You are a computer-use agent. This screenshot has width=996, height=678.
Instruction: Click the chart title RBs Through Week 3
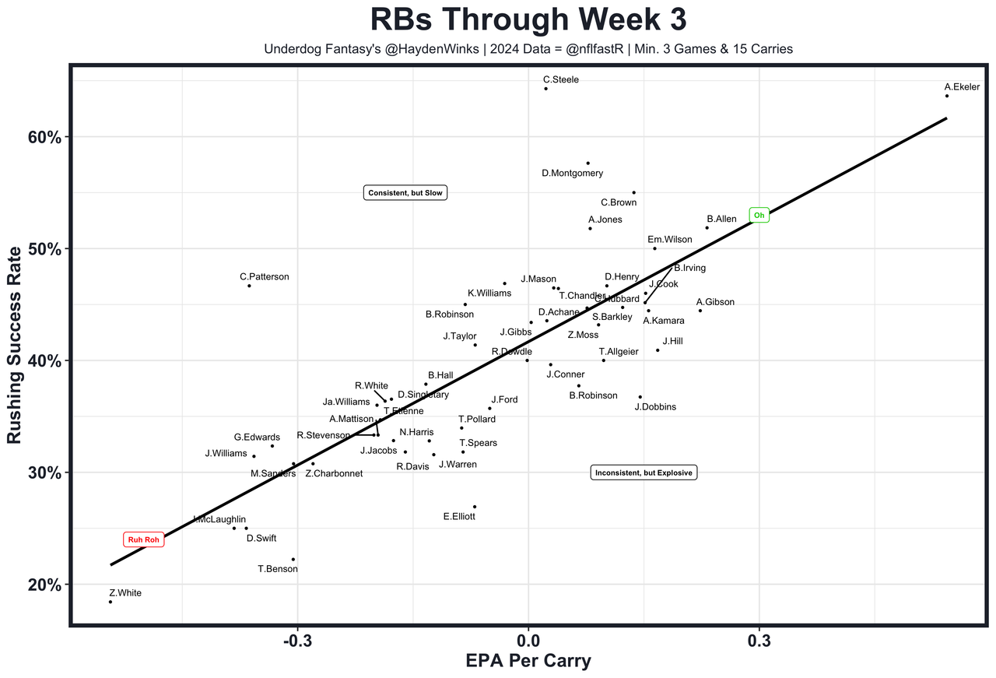(x=528, y=19)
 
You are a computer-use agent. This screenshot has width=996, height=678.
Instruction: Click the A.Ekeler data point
(x=946, y=96)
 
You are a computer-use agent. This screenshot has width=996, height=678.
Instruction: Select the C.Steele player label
(x=560, y=79)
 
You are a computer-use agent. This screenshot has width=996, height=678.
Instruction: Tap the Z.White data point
(x=110, y=602)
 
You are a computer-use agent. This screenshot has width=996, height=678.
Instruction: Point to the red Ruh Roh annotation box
(x=144, y=540)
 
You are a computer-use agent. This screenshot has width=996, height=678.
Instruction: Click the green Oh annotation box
(x=759, y=215)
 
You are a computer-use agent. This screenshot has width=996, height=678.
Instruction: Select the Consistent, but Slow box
(x=405, y=193)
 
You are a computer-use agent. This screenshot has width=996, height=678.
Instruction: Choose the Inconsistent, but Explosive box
(x=643, y=472)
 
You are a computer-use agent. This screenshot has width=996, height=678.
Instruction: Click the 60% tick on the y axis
(x=44, y=138)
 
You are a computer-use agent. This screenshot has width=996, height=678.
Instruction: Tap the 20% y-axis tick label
(x=44, y=585)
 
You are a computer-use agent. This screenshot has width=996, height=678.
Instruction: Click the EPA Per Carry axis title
(x=528, y=662)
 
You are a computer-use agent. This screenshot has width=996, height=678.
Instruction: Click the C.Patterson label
(x=264, y=276)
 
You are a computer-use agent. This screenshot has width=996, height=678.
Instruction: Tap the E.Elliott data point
(x=474, y=507)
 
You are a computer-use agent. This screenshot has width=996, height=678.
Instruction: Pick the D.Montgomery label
(x=572, y=174)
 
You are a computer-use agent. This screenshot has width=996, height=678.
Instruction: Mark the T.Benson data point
(x=293, y=559)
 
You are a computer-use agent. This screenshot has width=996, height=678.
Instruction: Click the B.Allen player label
(x=721, y=220)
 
